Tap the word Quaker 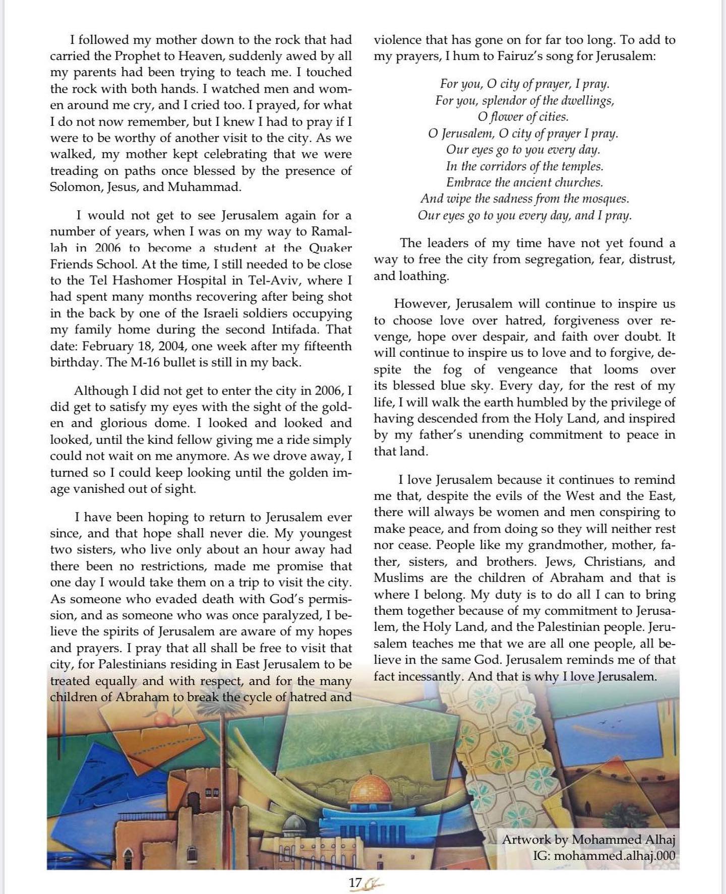[330, 247]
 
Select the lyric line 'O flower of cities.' [523, 117]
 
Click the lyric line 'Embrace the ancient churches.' [524, 182]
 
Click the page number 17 [355, 882]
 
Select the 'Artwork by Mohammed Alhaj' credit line [588, 840]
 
